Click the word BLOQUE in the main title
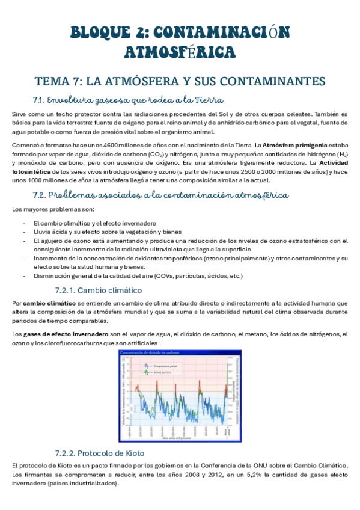coord(100,31)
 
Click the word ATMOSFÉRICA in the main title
coord(180,54)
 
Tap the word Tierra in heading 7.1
coord(210,99)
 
